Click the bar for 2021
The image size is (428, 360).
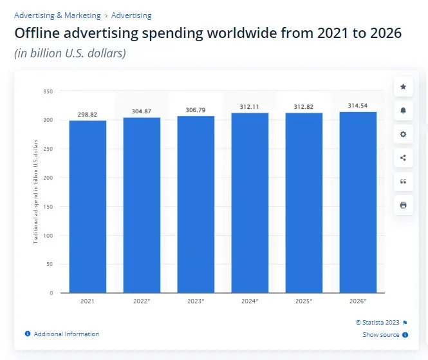point(88,206)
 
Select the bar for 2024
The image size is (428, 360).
point(250,203)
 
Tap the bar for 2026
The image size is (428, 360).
point(358,202)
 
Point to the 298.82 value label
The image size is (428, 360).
point(88,115)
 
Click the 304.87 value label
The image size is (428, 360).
point(142,111)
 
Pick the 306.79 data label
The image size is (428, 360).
point(196,110)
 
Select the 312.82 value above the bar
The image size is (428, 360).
point(304,108)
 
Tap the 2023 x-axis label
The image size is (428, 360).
point(196,301)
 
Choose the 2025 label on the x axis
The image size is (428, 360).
point(304,301)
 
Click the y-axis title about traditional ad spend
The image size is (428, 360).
point(36,191)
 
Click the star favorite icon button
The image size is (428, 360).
point(403,86)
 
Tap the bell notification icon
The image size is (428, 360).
point(403,110)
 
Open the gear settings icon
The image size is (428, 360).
point(403,134)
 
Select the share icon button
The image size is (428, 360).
point(403,158)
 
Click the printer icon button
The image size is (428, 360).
point(403,205)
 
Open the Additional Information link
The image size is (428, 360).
point(66,334)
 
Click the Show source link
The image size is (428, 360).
point(381,335)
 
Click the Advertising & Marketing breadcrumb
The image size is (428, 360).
point(57,15)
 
